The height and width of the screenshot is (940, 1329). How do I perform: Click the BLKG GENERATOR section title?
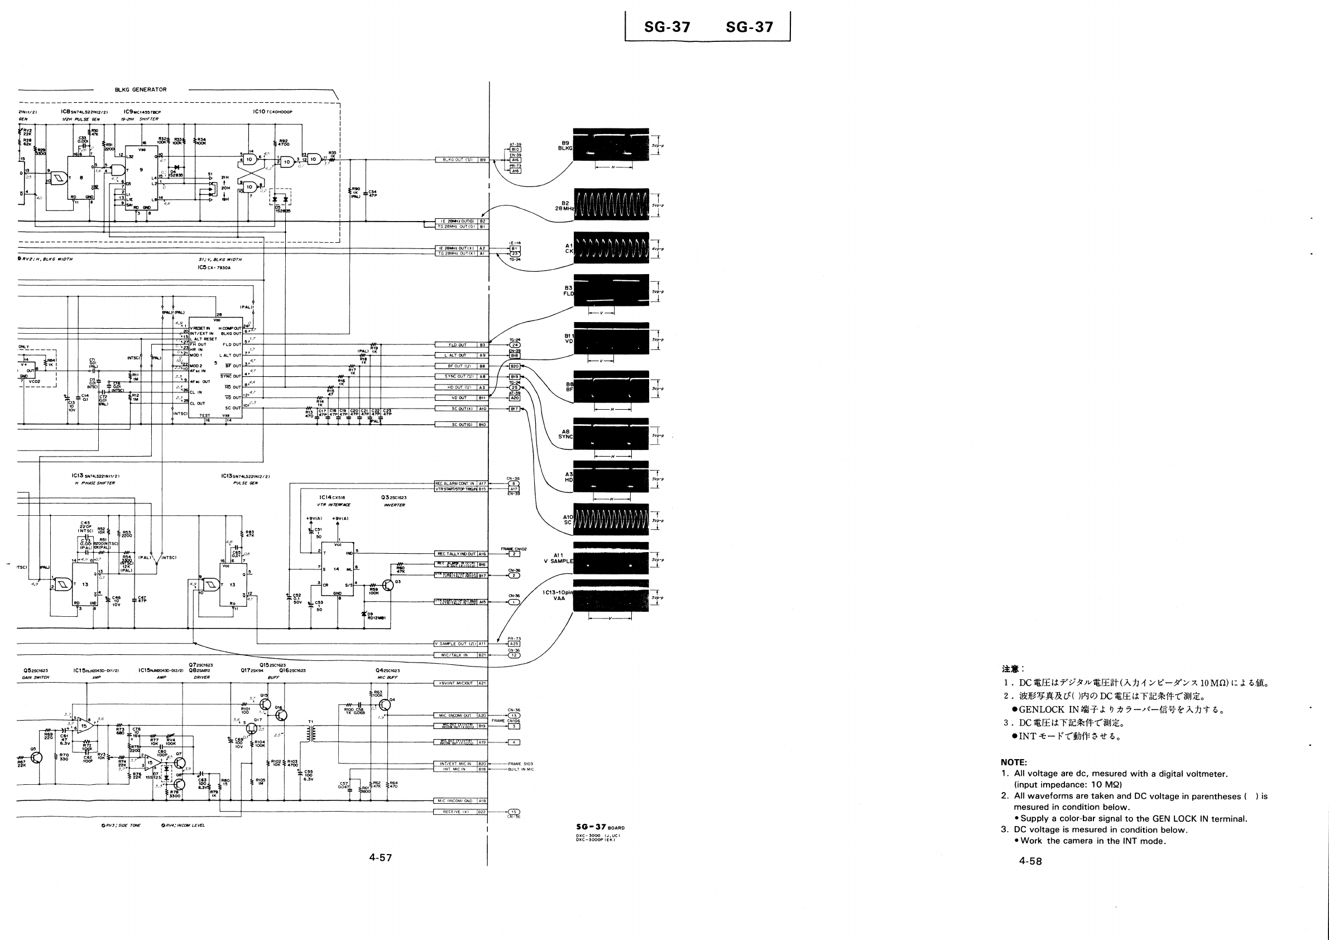click(x=141, y=90)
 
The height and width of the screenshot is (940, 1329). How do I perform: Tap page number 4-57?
click(x=380, y=857)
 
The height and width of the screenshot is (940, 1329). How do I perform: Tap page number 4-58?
click(x=1030, y=861)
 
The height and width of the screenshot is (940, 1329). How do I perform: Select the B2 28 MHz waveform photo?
click(x=611, y=204)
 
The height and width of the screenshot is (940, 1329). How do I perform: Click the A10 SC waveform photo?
click(x=611, y=520)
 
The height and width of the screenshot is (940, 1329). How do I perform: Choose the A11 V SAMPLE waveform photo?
click(x=611, y=558)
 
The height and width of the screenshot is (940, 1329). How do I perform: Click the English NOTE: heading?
click(x=1014, y=762)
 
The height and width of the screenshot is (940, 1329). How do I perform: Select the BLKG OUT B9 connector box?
click(x=462, y=160)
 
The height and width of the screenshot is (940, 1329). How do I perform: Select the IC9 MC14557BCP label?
click(x=142, y=112)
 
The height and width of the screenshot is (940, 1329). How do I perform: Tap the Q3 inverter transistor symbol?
click(x=388, y=585)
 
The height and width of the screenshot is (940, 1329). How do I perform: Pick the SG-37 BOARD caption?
click(x=599, y=827)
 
